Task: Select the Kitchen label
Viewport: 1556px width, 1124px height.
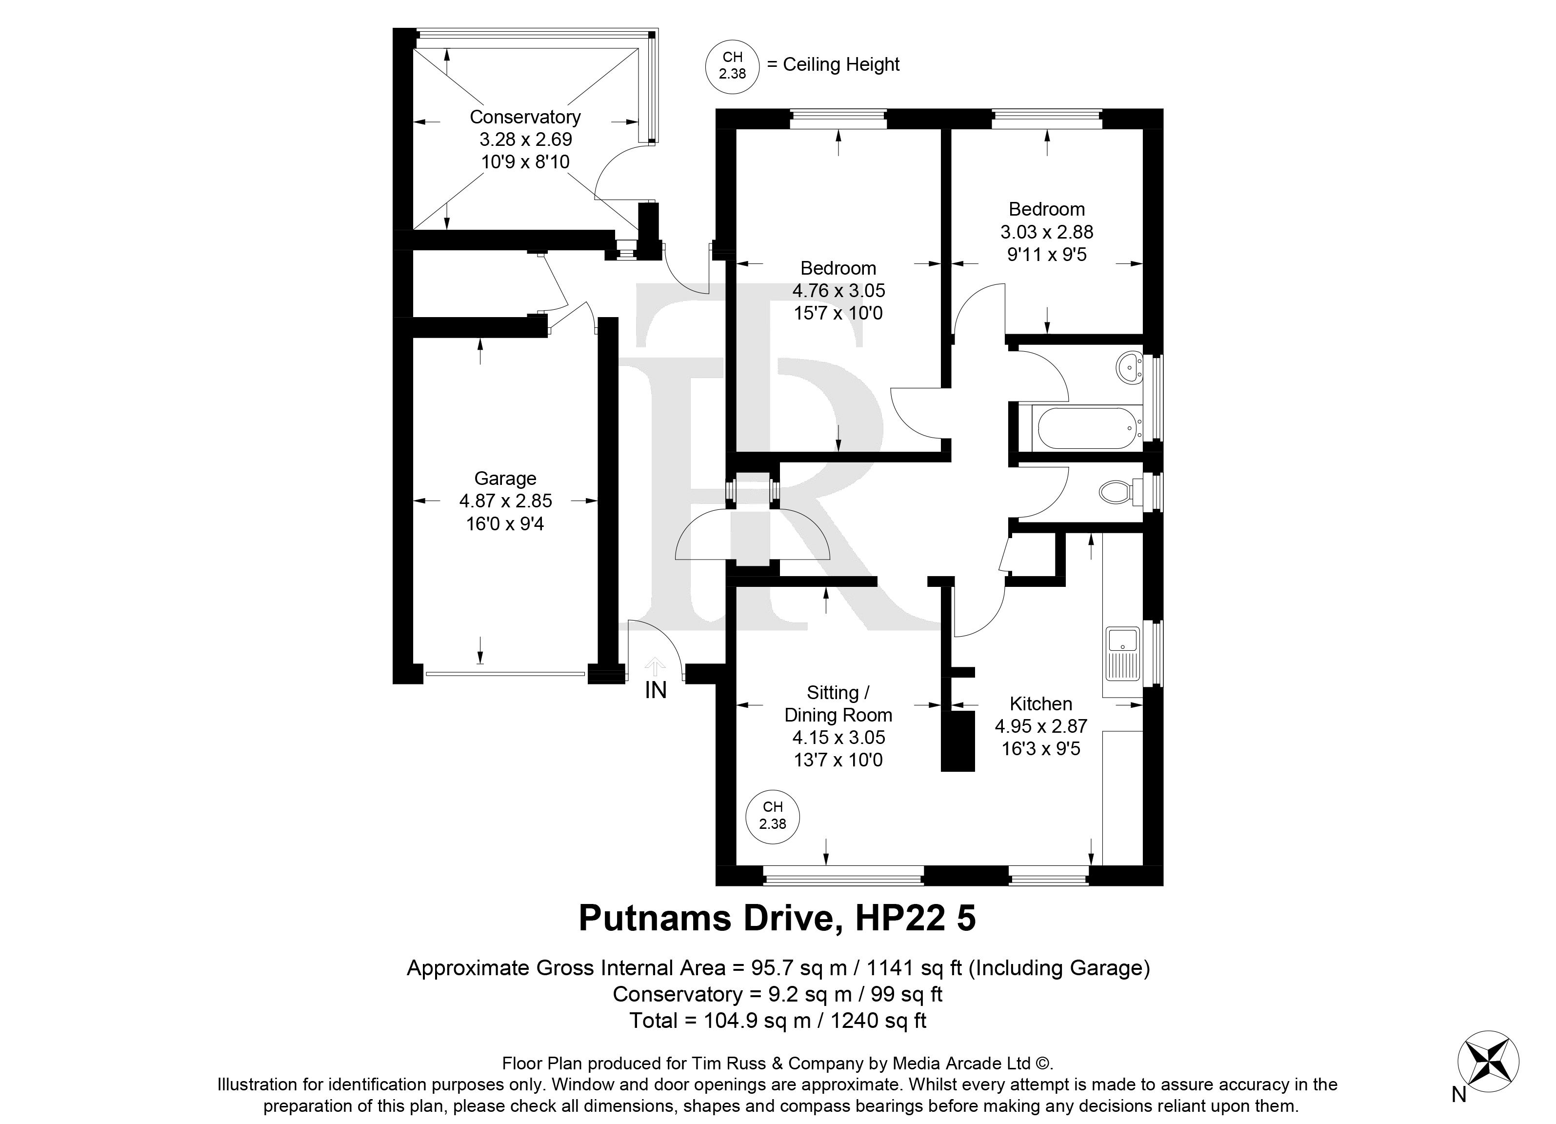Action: point(1041,703)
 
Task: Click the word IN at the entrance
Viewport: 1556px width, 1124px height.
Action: point(655,690)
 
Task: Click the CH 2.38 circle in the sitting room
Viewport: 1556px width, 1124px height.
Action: point(773,817)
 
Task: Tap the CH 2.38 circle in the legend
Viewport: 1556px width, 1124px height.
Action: point(732,66)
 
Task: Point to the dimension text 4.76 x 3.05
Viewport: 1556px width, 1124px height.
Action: point(838,290)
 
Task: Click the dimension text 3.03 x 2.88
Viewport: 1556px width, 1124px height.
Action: point(1046,232)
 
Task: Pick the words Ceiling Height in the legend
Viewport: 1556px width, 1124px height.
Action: point(841,64)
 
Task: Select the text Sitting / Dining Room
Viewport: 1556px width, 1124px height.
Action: point(838,703)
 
